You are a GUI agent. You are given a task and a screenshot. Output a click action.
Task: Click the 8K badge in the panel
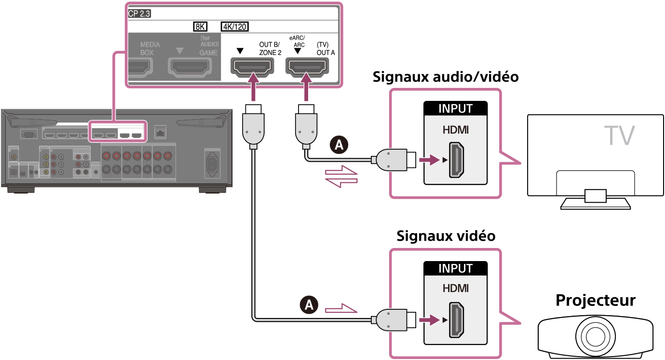tap(199, 27)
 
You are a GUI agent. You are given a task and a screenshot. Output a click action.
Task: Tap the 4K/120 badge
tap(235, 27)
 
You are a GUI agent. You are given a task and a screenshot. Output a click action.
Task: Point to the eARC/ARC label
tap(297, 42)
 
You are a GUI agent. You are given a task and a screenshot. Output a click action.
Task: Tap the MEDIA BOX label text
tap(150, 48)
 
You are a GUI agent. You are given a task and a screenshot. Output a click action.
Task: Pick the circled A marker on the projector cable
tap(309, 304)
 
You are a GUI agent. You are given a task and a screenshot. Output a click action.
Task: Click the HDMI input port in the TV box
tap(456, 159)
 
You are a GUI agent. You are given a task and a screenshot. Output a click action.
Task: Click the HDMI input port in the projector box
tap(456, 319)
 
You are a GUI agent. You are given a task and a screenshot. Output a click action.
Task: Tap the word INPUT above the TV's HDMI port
tap(455, 109)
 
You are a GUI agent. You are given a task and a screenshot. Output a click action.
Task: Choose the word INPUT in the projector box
tap(455, 268)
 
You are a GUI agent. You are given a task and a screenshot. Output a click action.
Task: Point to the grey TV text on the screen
tap(620, 136)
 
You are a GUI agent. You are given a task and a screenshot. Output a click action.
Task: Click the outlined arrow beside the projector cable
tap(341, 308)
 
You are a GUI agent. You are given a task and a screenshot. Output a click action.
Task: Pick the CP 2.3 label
tap(139, 14)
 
